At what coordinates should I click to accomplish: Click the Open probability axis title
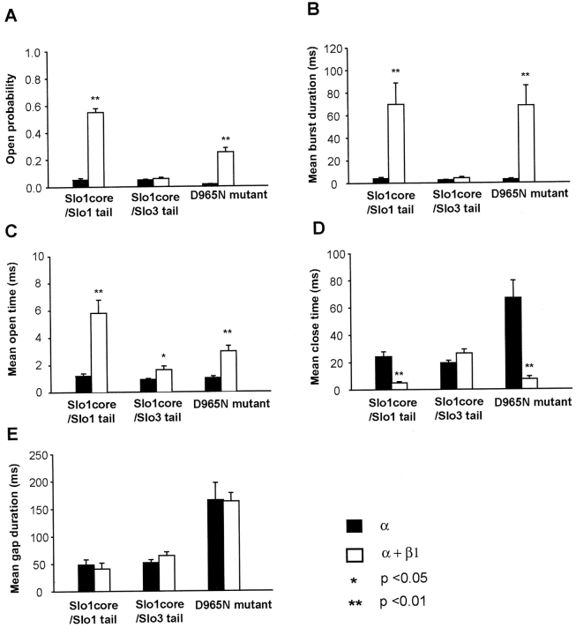click(11, 120)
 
